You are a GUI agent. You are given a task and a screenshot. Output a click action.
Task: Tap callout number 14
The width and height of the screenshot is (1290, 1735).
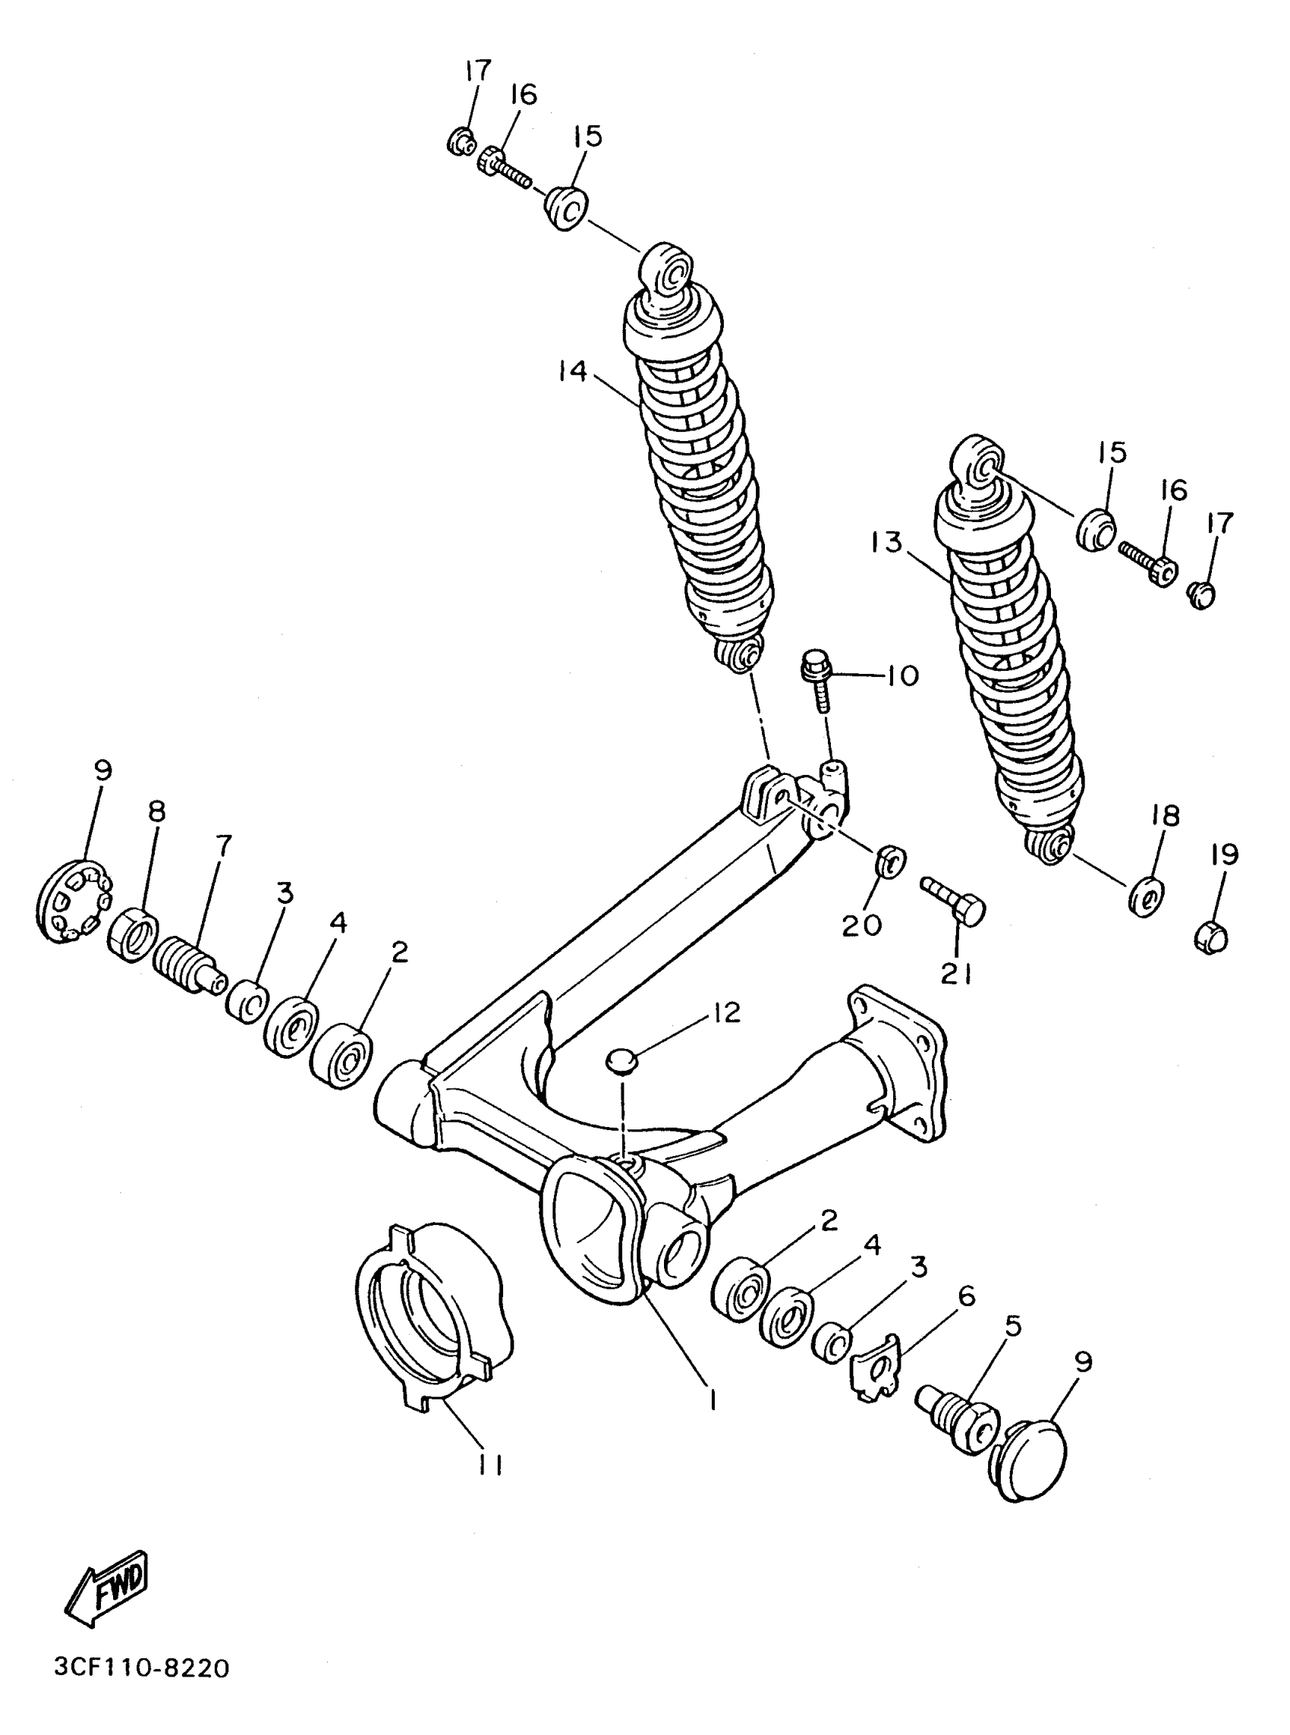(573, 371)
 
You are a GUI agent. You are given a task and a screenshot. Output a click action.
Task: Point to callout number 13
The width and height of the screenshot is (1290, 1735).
(887, 541)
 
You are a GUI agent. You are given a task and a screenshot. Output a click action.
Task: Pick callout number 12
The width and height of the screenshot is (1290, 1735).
(726, 1012)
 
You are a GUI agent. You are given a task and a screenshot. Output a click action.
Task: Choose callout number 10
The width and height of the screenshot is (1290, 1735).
(903, 675)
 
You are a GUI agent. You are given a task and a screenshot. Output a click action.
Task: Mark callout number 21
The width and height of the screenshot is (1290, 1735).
(957, 974)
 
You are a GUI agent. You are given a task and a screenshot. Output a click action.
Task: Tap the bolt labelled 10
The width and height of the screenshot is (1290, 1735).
(816, 678)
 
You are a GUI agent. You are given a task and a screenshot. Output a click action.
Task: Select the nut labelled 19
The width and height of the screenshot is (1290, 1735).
(1212, 937)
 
